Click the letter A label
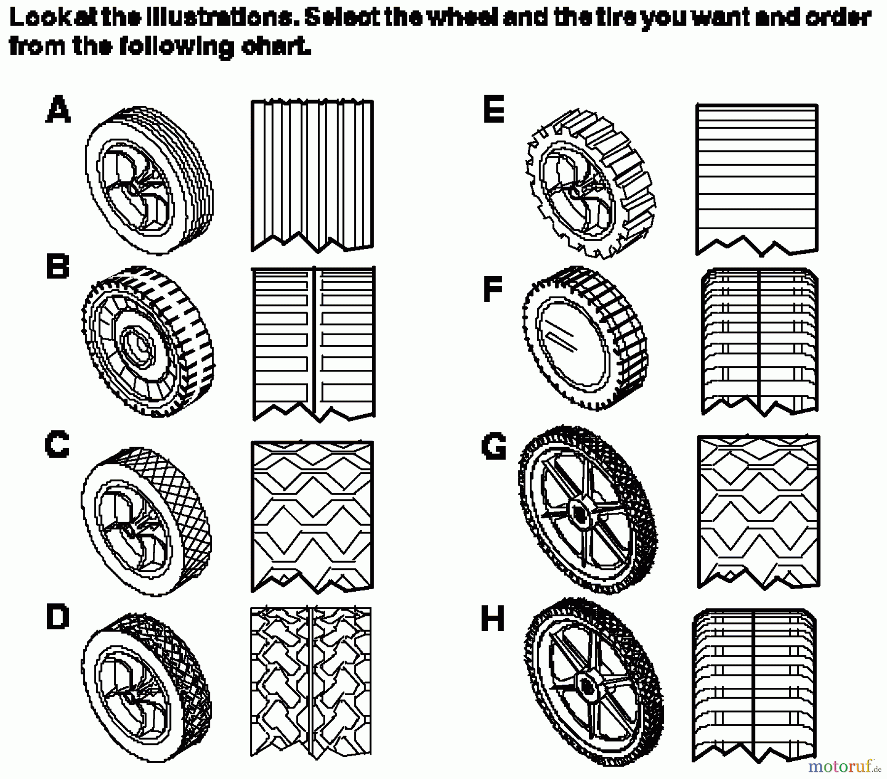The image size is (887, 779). [58, 109]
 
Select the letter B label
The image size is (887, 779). [57, 267]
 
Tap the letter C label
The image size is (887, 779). [57, 445]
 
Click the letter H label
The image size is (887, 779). [493, 619]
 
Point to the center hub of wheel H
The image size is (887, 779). [586, 685]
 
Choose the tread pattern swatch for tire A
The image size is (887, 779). [312, 175]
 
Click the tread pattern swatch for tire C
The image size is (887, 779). [312, 515]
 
